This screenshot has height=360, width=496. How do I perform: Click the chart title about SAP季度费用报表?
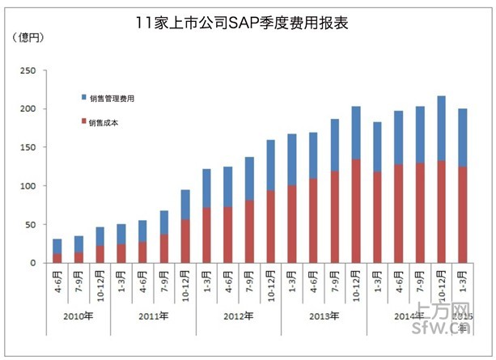[243, 23]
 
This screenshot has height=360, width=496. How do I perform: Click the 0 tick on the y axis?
[32, 263]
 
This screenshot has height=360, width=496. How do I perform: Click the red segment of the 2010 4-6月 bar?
[57, 258]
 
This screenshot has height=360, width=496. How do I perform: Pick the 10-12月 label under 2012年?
[270, 284]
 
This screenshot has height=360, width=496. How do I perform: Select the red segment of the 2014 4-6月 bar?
[398, 214]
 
